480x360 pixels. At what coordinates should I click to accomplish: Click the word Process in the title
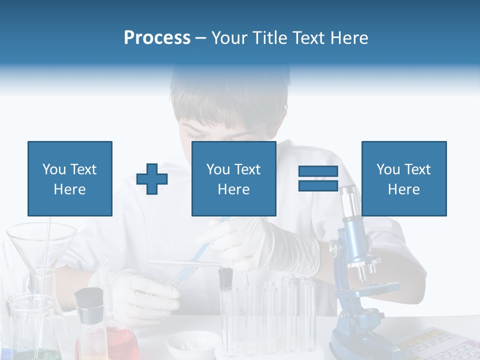[x=157, y=38]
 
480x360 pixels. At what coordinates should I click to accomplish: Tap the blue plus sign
[x=152, y=178]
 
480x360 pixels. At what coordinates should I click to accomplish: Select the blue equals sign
[x=318, y=178]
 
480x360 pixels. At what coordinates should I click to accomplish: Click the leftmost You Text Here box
[x=70, y=178]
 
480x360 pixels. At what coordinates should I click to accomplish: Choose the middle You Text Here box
[x=233, y=178]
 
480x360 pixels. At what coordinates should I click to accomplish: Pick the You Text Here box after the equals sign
[x=403, y=178]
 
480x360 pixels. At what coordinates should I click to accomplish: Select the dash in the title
[x=201, y=38]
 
